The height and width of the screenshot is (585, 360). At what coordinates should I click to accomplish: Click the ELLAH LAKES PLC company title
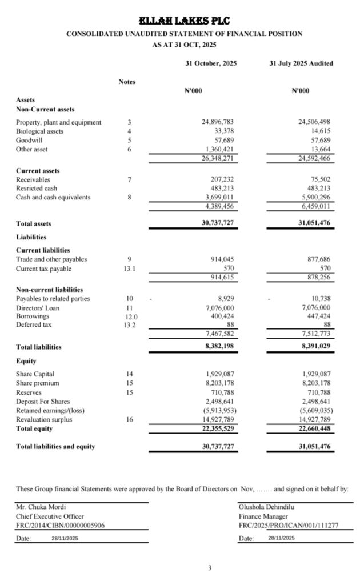point(184,21)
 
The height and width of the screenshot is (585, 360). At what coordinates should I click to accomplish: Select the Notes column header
point(127,82)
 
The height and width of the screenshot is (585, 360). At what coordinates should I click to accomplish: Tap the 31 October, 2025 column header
point(211,63)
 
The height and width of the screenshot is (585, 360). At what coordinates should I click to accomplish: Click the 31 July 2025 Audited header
point(301,63)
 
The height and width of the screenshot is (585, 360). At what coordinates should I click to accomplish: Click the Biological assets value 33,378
point(223,131)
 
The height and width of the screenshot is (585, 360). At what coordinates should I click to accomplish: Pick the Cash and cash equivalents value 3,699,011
point(218,197)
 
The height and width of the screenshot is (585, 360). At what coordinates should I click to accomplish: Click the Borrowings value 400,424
point(221,316)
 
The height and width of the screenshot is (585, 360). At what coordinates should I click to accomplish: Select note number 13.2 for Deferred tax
point(130,325)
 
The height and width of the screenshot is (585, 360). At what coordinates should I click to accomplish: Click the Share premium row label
point(38,383)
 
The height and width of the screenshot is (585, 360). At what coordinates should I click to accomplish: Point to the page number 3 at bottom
point(210,568)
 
